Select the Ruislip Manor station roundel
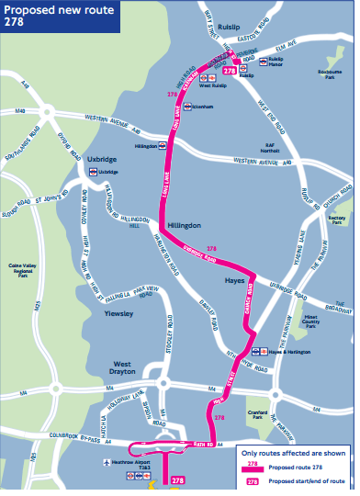pyautogui.click(x=264, y=61)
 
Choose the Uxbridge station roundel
pyautogui.click(x=92, y=172)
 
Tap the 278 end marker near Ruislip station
pyautogui.click(x=230, y=70)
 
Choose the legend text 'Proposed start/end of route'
pyautogui.click(x=307, y=480)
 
